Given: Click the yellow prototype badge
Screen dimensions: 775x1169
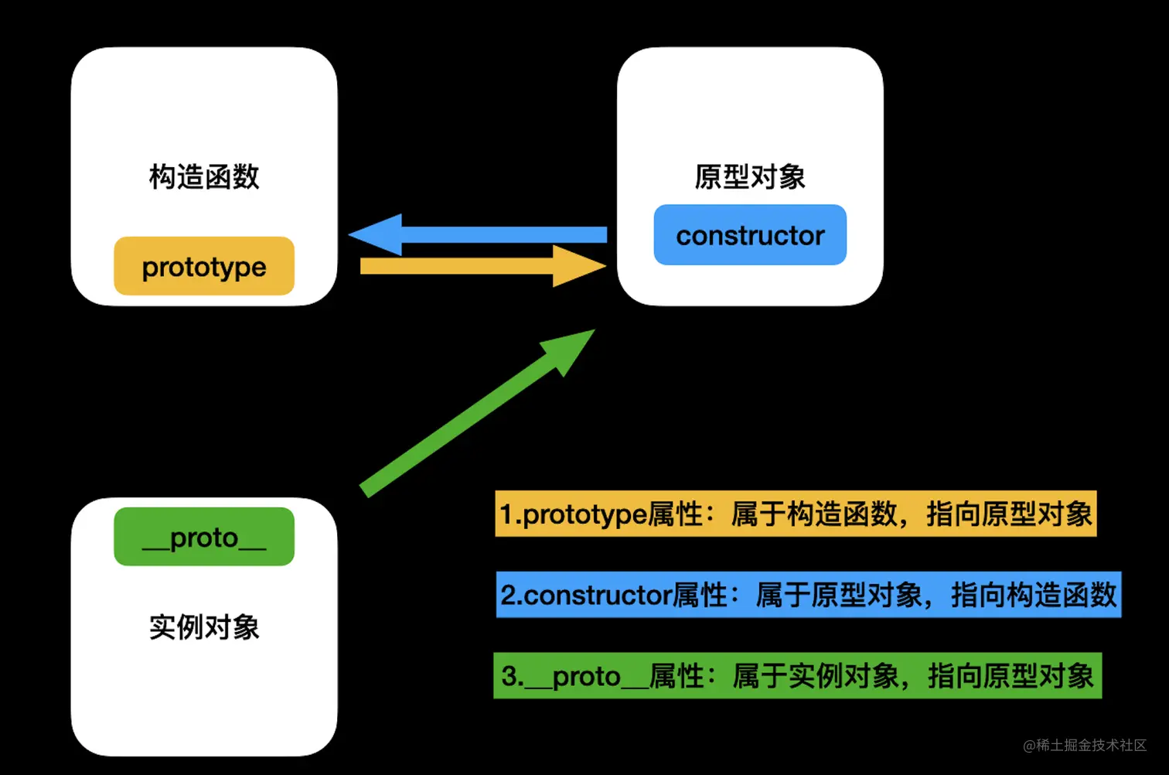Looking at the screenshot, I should (x=204, y=267).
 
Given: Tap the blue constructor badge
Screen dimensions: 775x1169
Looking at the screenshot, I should (x=750, y=235).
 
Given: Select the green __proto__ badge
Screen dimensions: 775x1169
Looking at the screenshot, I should (x=204, y=537).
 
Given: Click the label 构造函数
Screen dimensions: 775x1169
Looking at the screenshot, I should (x=204, y=177).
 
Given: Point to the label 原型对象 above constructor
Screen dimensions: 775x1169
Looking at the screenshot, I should (x=750, y=177).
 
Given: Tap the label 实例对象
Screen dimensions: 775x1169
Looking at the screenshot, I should (x=204, y=626).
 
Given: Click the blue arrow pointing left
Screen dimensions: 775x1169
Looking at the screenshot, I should (x=495, y=234).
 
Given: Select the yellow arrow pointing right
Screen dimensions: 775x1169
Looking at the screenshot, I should (x=464, y=267).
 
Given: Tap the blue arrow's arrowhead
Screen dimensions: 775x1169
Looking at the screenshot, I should (x=379, y=234).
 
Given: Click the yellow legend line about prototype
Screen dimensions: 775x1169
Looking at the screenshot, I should (x=796, y=514).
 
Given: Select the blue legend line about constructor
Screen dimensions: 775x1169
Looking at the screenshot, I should (x=808, y=595).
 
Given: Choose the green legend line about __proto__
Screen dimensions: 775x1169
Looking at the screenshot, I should (x=797, y=676).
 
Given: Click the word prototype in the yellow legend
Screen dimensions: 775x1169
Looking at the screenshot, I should (x=585, y=514).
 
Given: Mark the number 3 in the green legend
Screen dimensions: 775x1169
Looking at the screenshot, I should (x=510, y=676).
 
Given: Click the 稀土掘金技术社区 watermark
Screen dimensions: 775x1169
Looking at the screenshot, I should (x=1085, y=745).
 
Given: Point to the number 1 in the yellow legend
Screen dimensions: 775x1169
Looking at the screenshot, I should (x=507, y=514).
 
